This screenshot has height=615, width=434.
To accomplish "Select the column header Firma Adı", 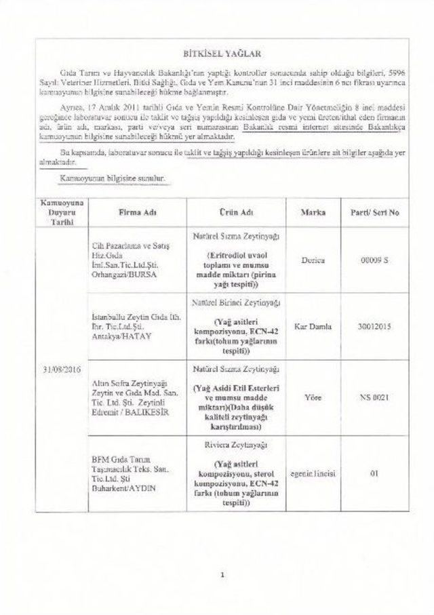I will pyautogui.click(x=138, y=212).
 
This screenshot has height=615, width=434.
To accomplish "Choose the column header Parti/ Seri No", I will pyautogui.click(x=373, y=212).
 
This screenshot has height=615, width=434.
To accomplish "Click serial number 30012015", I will pyautogui.click(x=373, y=326).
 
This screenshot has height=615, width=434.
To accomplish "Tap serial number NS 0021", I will pyautogui.click(x=373, y=397).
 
